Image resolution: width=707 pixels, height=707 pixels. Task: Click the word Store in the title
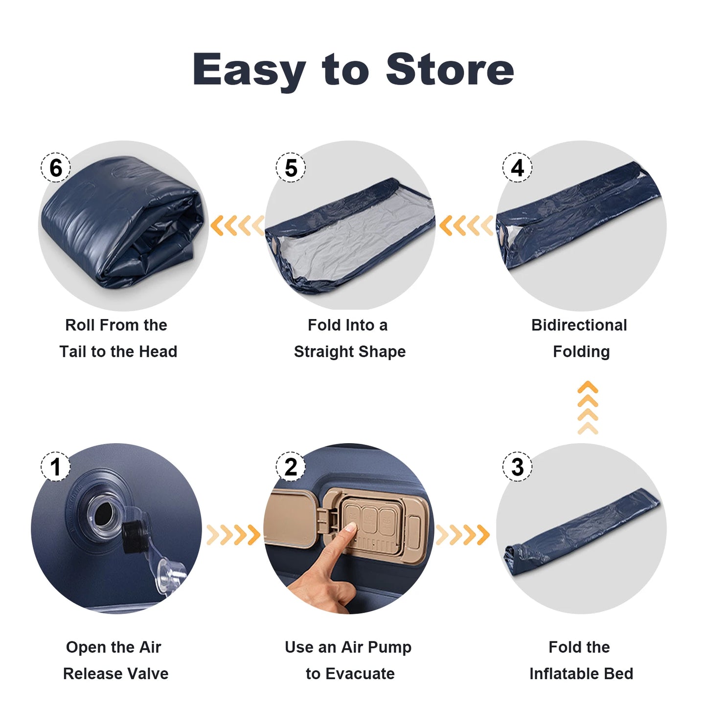450,69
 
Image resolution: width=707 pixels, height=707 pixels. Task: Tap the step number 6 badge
55,168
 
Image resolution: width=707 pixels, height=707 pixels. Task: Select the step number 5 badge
291,168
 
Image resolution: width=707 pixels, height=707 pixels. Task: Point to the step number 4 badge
517,168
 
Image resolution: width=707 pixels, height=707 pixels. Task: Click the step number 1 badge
55,466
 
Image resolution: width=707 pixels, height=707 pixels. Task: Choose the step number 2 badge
291,466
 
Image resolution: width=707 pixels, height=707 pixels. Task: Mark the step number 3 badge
517,466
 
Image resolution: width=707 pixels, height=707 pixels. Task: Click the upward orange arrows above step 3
588,408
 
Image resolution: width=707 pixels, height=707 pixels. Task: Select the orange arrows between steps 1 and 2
233,535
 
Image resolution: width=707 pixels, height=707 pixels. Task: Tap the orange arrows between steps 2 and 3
462,535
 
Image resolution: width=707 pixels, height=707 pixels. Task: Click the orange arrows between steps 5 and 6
237,226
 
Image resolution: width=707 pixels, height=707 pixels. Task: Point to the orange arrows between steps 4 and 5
466,226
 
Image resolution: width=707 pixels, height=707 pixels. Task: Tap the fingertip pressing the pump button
350,528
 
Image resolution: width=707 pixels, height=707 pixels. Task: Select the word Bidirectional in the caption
579,325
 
